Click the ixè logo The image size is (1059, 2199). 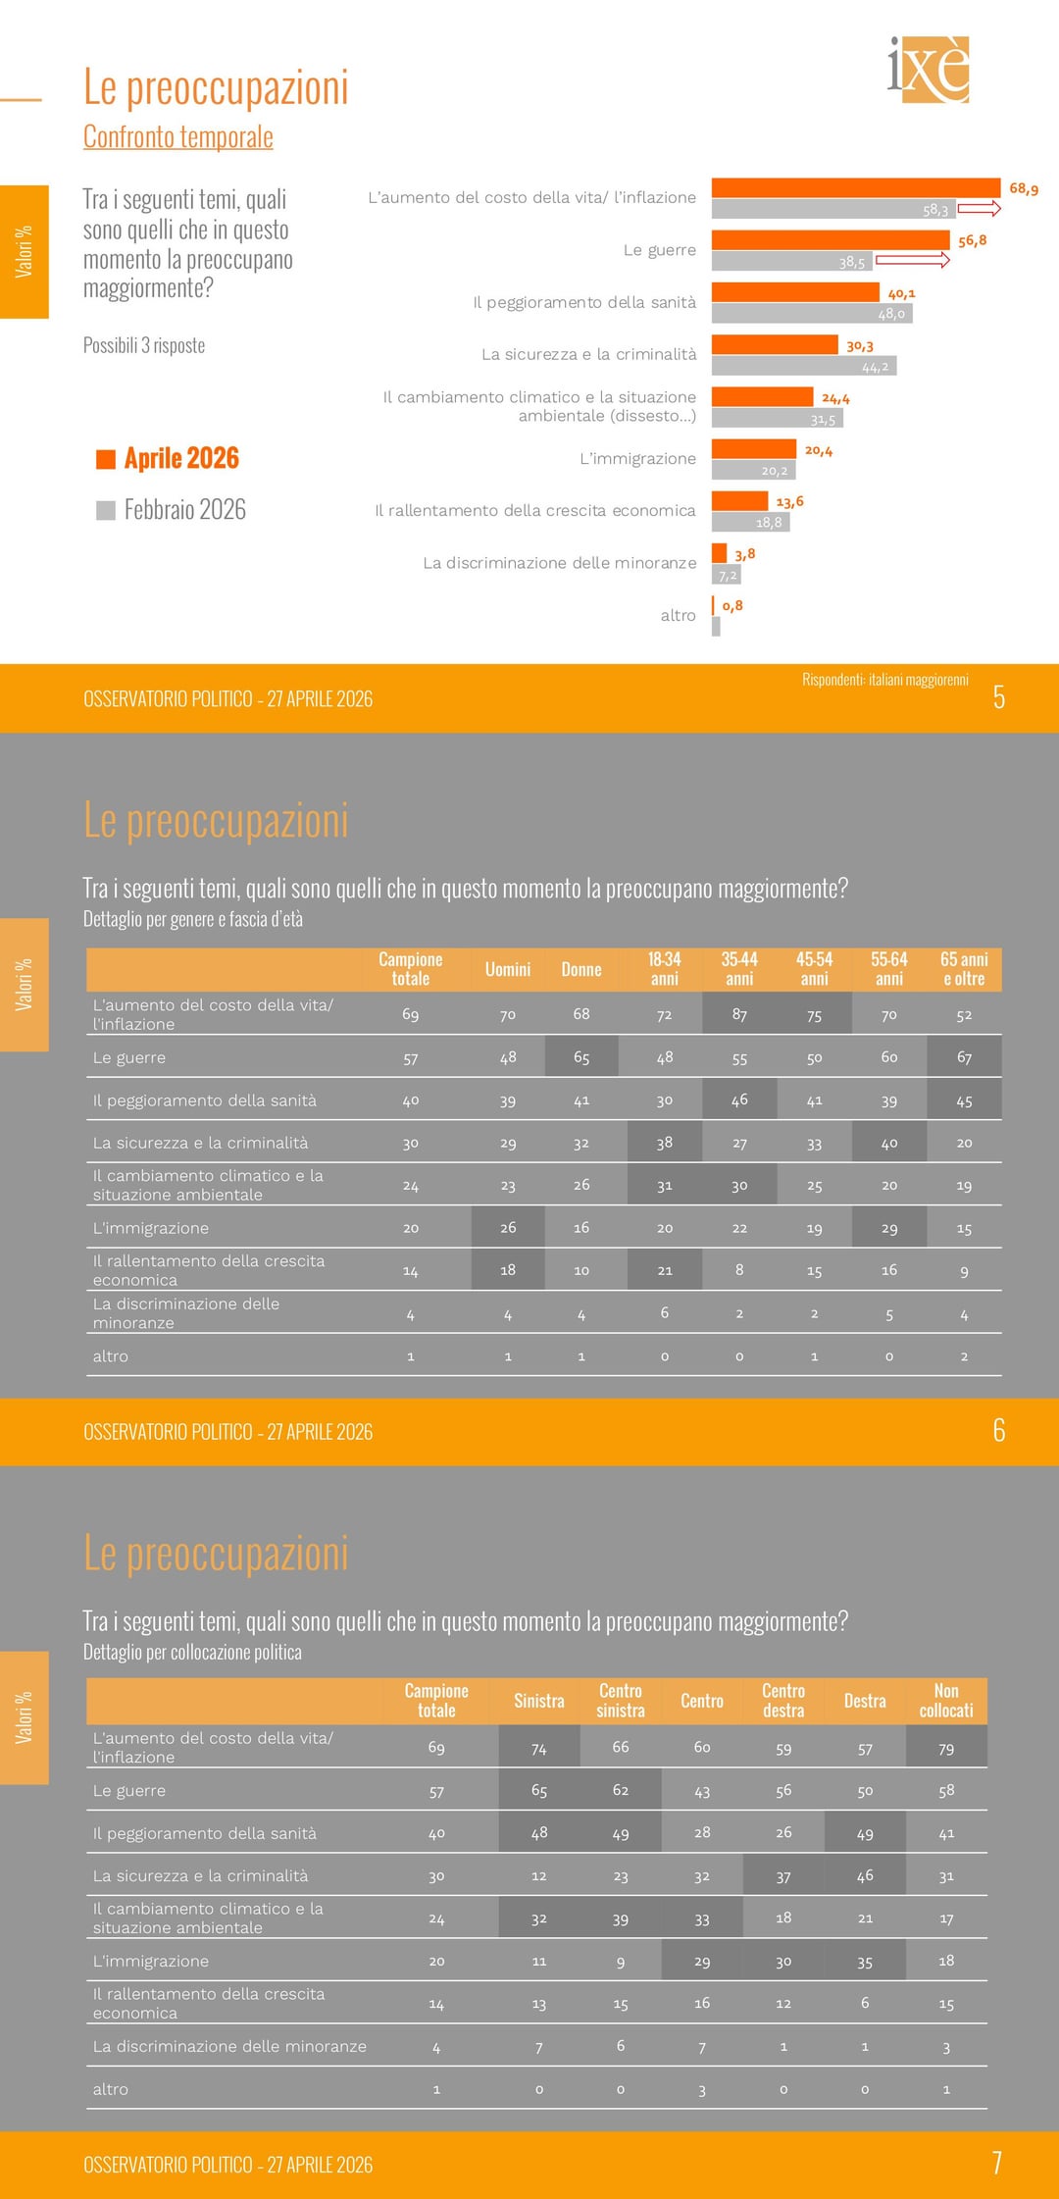929,70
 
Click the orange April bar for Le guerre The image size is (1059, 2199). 830,239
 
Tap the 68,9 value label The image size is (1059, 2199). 1024,188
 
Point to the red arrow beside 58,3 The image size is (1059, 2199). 979,208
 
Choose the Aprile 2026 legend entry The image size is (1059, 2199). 169,458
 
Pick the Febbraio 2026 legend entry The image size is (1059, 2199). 172,510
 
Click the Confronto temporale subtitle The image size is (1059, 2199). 177,137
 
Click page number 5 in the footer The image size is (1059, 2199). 998,697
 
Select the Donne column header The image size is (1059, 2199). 581,970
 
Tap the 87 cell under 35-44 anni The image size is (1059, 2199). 739,1014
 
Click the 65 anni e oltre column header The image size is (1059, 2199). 964,969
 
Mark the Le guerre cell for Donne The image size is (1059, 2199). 581,1057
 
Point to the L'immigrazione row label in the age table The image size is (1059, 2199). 151,1228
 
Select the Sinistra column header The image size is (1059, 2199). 539,1701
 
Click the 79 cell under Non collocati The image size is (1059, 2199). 946,1748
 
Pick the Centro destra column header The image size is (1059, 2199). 783,1701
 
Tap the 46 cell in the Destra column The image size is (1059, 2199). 865,1875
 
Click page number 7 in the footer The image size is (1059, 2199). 997,2164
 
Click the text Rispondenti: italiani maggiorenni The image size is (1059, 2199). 884,680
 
